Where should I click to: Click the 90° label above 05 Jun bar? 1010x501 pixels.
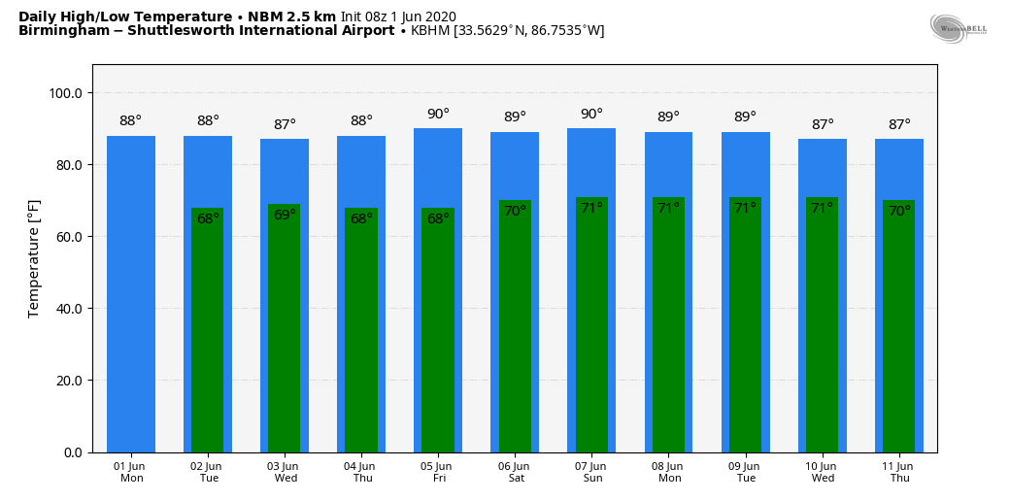point(438,115)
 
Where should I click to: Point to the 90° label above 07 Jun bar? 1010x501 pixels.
point(591,115)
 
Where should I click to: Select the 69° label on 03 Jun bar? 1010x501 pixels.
point(285,215)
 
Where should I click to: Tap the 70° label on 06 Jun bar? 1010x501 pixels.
point(515,211)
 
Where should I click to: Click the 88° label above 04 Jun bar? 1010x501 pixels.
point(361,121)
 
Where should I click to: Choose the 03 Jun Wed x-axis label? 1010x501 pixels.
point(286,472)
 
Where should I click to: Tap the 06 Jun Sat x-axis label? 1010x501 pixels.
point(515,472)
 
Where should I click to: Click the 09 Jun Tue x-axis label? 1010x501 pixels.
point(746,472)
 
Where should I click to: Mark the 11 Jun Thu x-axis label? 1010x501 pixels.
point(899,472)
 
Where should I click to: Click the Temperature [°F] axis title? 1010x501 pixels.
point(34,258)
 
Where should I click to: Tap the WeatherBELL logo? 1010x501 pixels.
point(957,28)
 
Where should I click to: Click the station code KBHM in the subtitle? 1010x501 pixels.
point(430,31)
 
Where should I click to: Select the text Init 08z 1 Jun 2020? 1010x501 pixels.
point(398,17)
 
